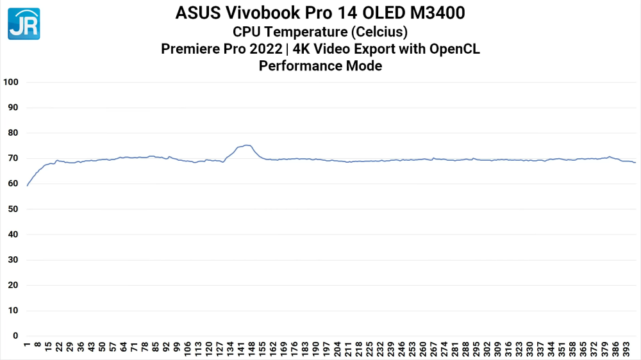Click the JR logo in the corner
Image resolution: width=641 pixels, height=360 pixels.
pyautogui.click(x=24, y=24)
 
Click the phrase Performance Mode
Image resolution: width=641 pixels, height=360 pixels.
pyautogui.click(x=320, y=65)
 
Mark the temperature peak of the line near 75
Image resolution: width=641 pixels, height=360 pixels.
pyautogui.click(x=247, y=145)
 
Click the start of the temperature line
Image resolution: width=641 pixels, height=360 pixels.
pyautogui.click(x=27, y=186)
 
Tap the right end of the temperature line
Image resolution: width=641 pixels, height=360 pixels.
pyautogui.click(x=635, y=163)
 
